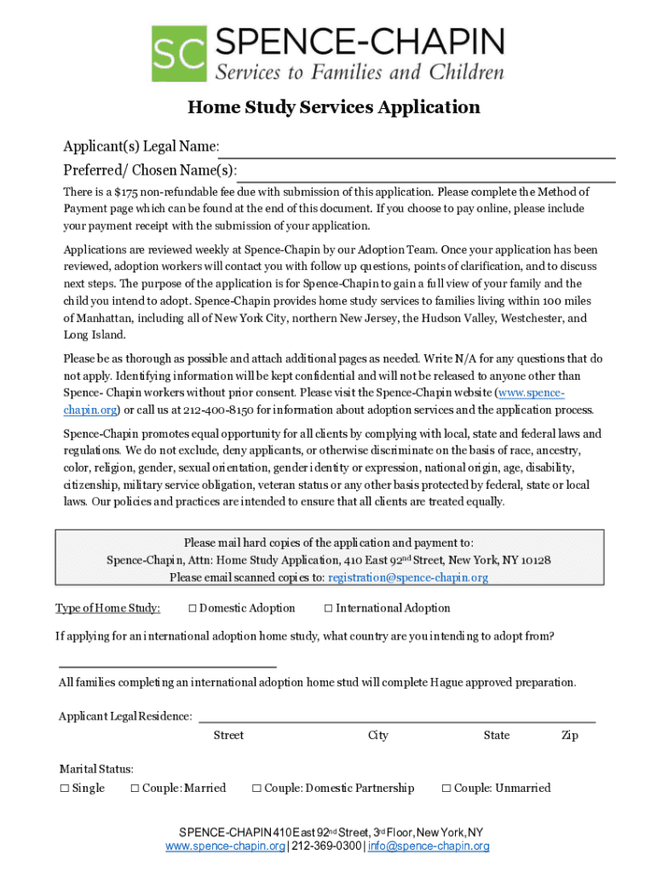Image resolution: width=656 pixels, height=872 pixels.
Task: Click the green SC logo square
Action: pos(179,54)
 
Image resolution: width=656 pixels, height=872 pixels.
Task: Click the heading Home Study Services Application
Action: pos(334,107)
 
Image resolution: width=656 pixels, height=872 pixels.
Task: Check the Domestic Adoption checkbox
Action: pos(193,608)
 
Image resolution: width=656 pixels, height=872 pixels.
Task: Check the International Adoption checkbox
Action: pos(329,608)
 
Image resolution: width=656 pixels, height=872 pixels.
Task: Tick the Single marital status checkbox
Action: pos(64,789)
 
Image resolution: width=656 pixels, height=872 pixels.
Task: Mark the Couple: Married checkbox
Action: pos(135,789)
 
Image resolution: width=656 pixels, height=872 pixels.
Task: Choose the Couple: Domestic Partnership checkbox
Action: pos(256,789)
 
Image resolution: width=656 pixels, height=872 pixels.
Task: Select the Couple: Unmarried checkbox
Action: pos(446,789)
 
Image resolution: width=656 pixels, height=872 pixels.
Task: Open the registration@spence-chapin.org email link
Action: pos(408,577)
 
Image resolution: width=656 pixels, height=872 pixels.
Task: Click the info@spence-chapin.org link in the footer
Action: pos(429,846)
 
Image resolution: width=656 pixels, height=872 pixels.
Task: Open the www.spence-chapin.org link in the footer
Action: pos(225,846)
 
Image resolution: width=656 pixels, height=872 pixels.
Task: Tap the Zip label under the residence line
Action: pos(569,736)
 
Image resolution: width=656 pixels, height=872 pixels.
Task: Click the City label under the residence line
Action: pos(378,736)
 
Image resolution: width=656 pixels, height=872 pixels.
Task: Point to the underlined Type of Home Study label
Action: pos(107,608)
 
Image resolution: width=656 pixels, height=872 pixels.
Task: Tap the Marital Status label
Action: pos(95,769)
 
